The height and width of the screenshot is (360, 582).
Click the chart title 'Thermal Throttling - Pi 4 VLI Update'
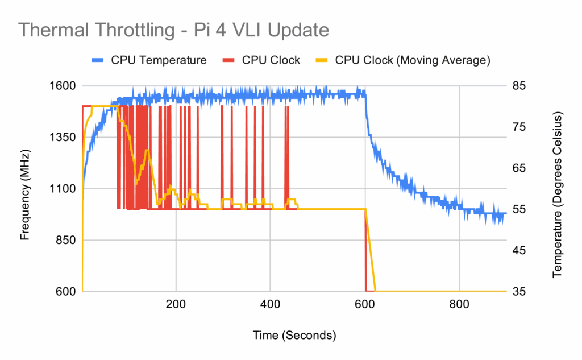pyautogui.click(x=174, y=30)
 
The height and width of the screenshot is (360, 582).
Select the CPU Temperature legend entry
pyautogui.click(x=149, y=60)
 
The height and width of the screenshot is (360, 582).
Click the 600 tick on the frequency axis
pyautogui.click(x=65, y=291)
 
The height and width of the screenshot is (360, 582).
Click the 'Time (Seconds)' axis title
pyautogui.click(x=294, y=336)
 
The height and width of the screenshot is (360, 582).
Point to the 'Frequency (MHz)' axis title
pyautogui.click(x=24, y=189)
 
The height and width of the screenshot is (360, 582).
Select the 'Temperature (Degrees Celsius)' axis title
pyautogui.click(x=557, y=189)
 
